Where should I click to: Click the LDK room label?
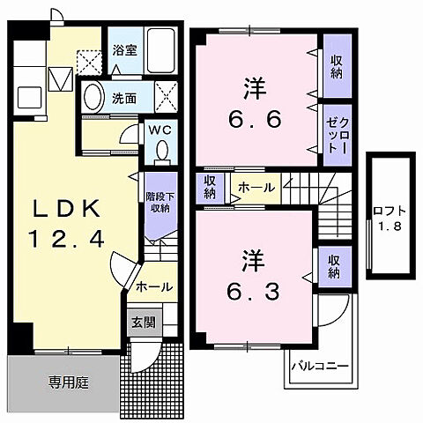(x=70, y=208)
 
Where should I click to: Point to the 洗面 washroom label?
(x=124, y=99)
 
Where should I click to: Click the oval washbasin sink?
(x=93, y=99)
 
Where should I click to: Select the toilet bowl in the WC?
(x=161, y=152)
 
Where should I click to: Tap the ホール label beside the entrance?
(x=153, y=286)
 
